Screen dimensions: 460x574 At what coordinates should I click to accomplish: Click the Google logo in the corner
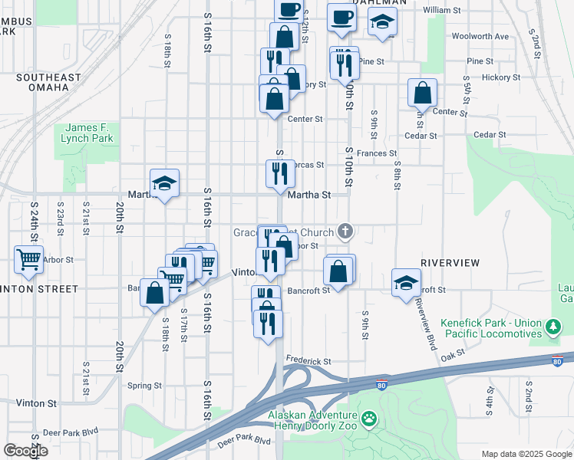coord(25,451)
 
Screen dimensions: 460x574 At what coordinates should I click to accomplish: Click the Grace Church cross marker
coord(346,231)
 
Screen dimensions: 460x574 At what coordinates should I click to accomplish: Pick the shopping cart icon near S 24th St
coord(28,260)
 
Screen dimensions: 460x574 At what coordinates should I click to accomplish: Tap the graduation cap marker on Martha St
coord(164,183)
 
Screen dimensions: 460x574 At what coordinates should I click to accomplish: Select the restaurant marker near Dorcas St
coord(280,173)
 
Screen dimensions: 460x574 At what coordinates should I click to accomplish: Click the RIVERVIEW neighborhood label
coord(450,263)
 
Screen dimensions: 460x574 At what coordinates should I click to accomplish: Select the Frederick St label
coord(308,360)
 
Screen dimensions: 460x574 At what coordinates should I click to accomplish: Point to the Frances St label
coord(376,153)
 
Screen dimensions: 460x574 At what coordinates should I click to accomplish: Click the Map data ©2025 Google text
coord(526,454)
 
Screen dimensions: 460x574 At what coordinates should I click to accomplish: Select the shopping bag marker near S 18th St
coord(154,294)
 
